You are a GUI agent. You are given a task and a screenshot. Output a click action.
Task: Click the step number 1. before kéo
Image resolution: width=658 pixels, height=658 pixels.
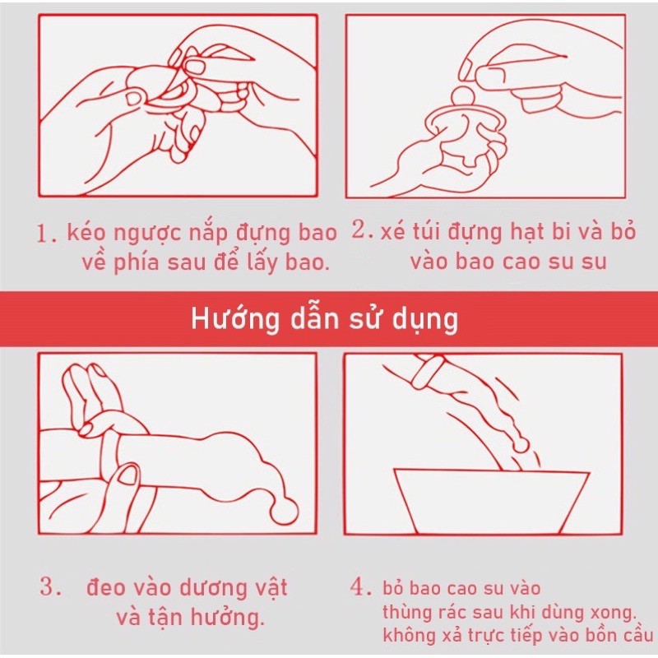coord(46,234)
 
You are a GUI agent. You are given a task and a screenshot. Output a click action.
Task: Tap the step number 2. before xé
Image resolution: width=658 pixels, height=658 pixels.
coord(363,230)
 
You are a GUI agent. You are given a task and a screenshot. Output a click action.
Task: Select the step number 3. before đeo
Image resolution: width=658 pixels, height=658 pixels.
coord(51,586)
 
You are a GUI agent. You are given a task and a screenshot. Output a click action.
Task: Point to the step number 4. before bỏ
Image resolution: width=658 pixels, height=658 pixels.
coord(361,587)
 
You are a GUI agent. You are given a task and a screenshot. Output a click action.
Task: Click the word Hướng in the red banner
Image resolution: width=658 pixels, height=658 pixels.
coord(235,320)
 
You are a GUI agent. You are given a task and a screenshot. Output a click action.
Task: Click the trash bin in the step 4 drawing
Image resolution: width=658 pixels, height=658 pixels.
coord(492,503)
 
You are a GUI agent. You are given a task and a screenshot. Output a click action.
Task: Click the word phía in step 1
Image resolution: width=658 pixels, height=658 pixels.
coord(137,263)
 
